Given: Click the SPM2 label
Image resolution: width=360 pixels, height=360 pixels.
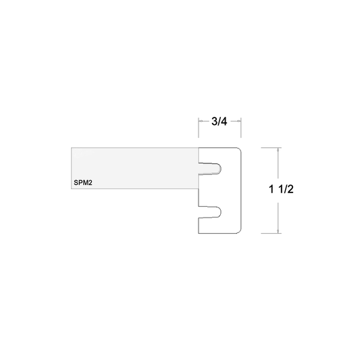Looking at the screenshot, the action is click(83, 183).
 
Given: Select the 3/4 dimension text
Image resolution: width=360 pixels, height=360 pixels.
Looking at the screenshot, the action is click(220, 121).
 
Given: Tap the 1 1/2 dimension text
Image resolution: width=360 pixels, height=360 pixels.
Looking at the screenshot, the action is click(281, 189).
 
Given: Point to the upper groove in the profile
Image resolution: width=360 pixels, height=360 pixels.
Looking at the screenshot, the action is click(210, 169).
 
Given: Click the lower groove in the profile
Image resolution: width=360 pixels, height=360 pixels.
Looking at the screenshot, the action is click(210, 212).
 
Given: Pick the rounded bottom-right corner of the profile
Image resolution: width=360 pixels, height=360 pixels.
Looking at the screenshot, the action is click(240, 232).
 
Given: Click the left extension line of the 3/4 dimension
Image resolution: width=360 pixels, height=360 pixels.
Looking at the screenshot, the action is click(199, 128).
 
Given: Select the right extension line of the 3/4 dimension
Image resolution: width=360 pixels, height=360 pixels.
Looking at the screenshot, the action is click(241, 128).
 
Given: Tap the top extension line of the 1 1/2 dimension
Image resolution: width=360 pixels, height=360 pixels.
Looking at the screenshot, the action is click(271, 148).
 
